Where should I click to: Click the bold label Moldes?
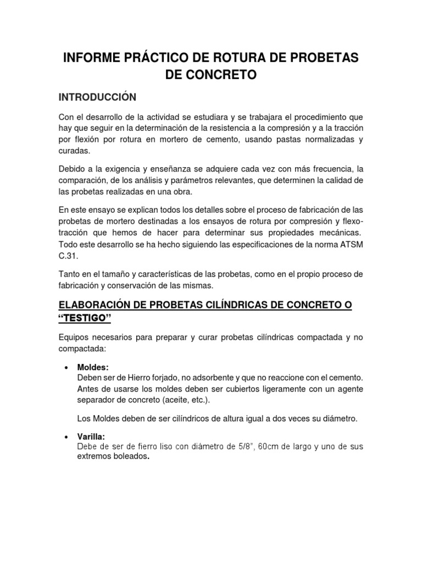tap(94, 367)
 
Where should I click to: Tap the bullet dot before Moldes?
tap(66, 367)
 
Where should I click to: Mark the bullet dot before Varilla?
tap(66, 437)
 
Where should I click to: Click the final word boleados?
tap(130, 457)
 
